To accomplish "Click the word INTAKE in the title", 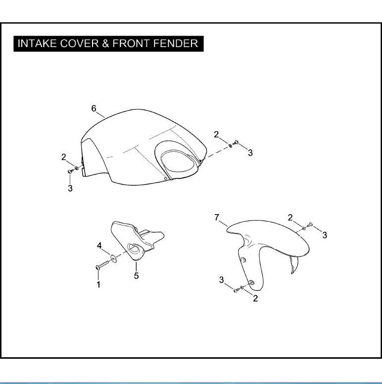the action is (38, 44).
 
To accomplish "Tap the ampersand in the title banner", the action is (105, 44).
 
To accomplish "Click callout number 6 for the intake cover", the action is (94, 109).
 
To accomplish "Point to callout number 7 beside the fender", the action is (217, 218).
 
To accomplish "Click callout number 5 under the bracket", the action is (136, 276).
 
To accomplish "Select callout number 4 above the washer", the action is (99, 245).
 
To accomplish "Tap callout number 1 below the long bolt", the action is (98, 284).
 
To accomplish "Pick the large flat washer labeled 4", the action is (113, 258).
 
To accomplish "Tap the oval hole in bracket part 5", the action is (134, 248).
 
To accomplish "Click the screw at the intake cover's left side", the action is (70, 171).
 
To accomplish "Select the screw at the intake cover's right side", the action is (236, 143).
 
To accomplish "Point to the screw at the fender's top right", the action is (310, 224).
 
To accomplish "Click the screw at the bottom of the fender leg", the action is (236, 290).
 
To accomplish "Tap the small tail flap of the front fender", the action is (294, 265).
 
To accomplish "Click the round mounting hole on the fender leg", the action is (243, 260).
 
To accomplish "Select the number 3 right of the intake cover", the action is (250, 153).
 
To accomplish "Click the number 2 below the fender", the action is (255, 299).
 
